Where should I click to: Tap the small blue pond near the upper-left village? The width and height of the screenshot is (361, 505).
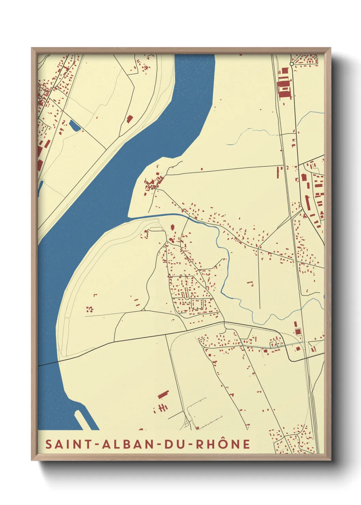coord(74,126)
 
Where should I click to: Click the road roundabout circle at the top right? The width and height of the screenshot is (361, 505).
coord(291,64)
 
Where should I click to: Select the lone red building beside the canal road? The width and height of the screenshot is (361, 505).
coord(129,119)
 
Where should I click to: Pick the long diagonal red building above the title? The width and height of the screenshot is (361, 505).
coord(163,394)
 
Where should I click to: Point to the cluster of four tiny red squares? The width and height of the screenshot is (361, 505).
coord(89,309)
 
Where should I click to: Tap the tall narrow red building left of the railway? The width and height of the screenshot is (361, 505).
coord(277,172)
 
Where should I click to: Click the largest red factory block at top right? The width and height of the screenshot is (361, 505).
coord(284,89)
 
